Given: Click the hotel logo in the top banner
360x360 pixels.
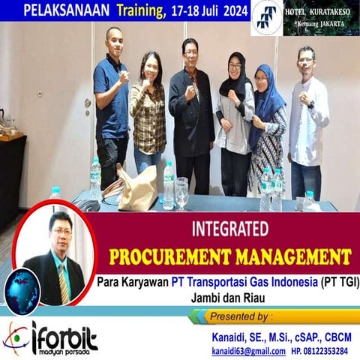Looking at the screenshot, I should (x=266, y=16).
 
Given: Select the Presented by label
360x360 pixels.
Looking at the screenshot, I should (x=241, y=316).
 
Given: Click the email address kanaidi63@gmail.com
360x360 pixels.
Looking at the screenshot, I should (x=247, y=350).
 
